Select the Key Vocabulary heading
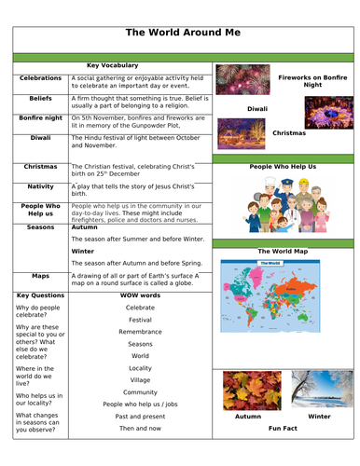[x=112, y=65]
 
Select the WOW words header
[x=140, y=295]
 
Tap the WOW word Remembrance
[x=140, y=331]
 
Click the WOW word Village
[x=140, y=380]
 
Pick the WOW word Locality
[x=140, y=368]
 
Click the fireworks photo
[x=242, y=79]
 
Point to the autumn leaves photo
[x=247, y=390]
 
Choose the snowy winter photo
[x=320, y=390]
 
